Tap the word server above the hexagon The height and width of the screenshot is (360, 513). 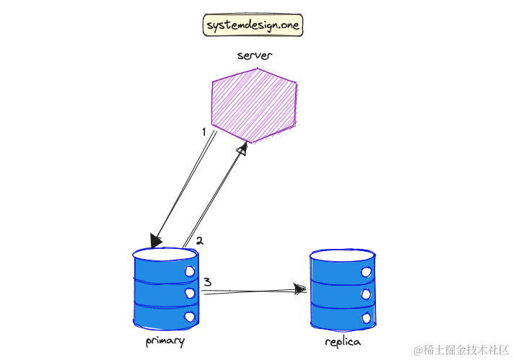(x=254, y=55)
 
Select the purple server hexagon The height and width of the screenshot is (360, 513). (x=253, y=105)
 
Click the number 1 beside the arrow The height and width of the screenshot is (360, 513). (x=204, y=131)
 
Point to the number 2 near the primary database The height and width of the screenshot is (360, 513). (x=200, y=241)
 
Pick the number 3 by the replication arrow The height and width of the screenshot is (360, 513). (x=207, y=282)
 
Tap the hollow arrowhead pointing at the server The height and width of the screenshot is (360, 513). (x=242, y=149)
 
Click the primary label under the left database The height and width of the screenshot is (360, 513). (x=165, y=341)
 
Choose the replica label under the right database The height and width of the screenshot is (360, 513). (x=342, y=341)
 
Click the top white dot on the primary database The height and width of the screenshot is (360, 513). (x=190, y=271)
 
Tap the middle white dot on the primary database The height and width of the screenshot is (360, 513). (x=190, y=294)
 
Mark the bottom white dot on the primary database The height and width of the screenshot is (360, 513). (x=190, y=316)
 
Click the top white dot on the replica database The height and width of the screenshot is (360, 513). (x=366, y=272)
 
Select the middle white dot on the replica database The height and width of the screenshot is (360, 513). (x=366, y=294)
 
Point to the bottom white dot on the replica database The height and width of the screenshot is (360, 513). (x=366, y=317)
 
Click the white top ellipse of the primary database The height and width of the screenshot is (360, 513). (x=165, y=255)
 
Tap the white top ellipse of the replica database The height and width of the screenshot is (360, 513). (x=342, y=255)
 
